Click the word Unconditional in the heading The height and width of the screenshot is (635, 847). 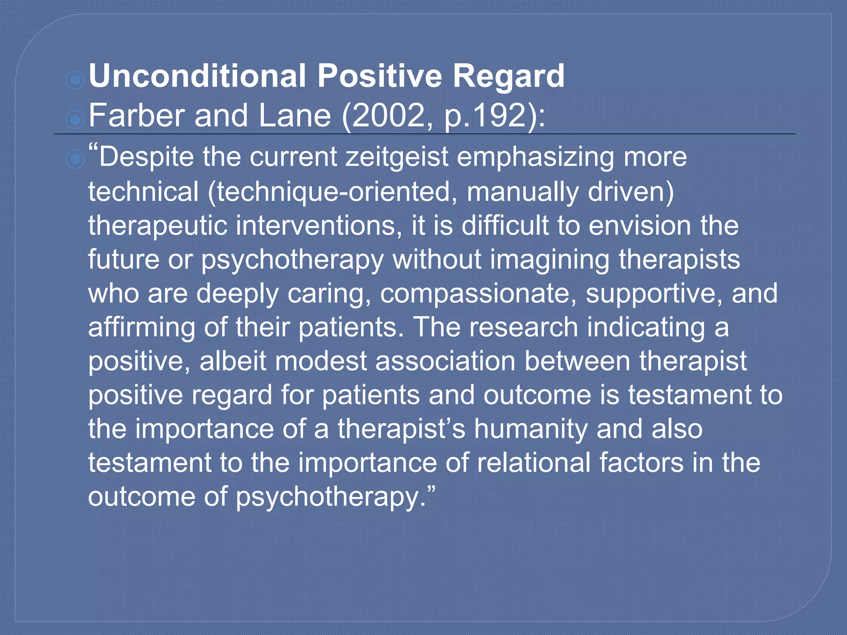click(197, 76)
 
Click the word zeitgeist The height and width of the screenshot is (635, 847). click(397, 158)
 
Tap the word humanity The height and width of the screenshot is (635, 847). click(531, 429)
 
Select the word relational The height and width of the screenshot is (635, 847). click(534, 463)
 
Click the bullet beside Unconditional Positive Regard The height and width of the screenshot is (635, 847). click(75, 79)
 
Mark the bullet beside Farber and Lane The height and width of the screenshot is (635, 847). click(75, 119)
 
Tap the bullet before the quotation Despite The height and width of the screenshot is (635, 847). click(75, 160)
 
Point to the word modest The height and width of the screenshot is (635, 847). click(321, 361)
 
